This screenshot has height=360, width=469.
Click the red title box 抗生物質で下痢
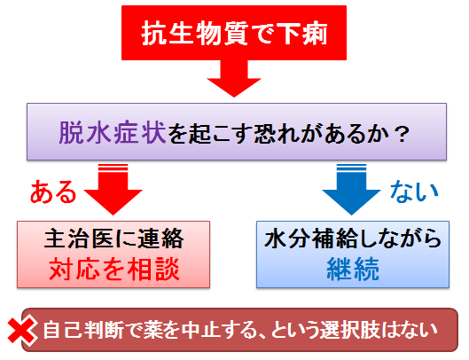[x=234, y=33]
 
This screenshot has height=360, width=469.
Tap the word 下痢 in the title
[x=302, y=33]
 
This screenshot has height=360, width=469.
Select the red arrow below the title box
[x=234, y=78]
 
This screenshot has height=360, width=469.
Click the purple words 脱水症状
[x=113, y=133]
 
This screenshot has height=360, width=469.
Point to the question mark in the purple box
[x=401, y=134]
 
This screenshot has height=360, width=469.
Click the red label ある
[x=53, y=192]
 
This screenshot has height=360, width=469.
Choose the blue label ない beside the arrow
[x=414, y=191]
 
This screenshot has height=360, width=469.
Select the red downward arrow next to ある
[x=113, y=189]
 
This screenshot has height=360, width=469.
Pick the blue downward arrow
[x=351, y=189]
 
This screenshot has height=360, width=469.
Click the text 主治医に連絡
[x=113, y=239]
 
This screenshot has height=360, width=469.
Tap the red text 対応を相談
[x=114, y=269]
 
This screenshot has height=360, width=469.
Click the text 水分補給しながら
[x=353, y=239]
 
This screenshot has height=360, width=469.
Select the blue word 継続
[x=353, y=269]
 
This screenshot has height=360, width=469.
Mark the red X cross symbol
[x=22, y=331]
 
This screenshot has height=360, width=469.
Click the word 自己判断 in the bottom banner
[x=83, y=330]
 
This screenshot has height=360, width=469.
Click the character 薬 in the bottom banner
[x=152, y=330]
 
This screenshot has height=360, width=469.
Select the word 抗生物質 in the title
[x=195, y=33]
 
